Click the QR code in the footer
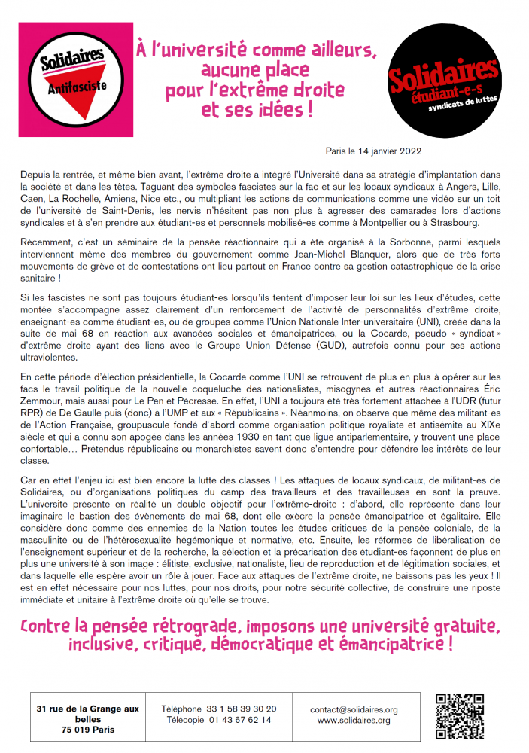pos(458,715)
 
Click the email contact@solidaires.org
pos(354,709)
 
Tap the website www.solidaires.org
pos(354,721)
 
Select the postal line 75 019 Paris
pos(88,730)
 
